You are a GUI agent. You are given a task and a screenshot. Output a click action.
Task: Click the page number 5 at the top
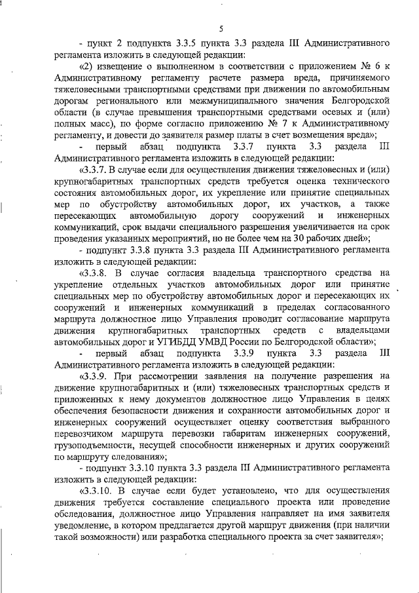point(221,28)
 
